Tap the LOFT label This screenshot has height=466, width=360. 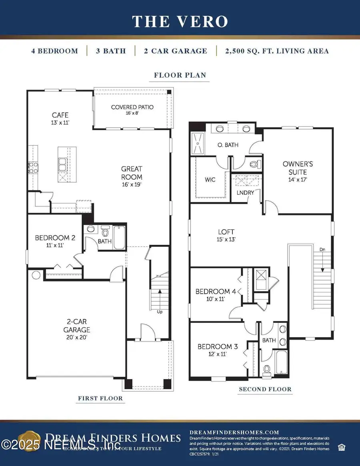tap(226, 232)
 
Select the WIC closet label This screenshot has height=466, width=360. tap(210, 180)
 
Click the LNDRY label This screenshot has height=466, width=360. tap(246, 193)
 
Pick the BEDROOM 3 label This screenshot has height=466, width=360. tap(218, 346)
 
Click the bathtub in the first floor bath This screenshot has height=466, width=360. tap(119, 238)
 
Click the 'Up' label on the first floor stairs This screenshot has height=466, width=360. tap(159, 312)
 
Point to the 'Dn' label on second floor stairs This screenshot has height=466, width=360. tap(322, 250)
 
